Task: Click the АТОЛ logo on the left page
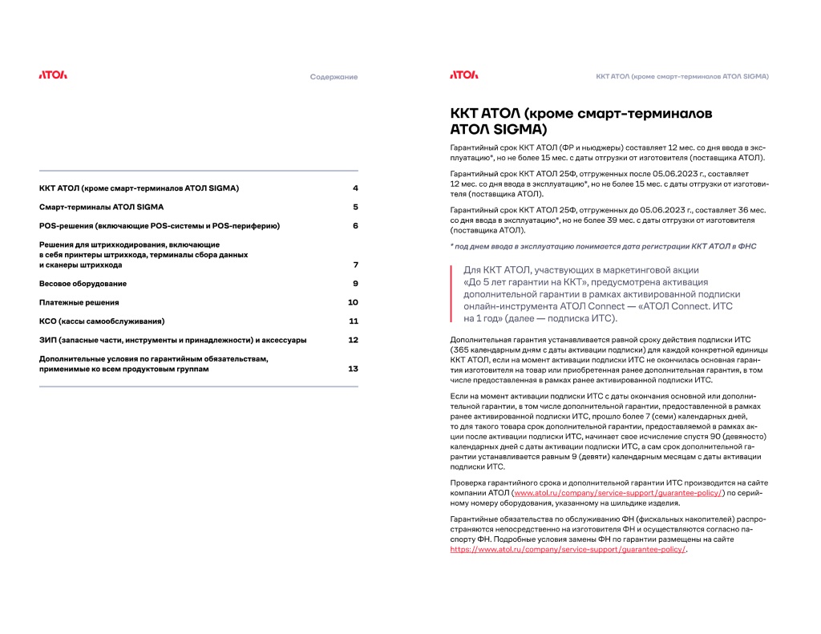(53, 75)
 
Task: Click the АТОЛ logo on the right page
(463, 75)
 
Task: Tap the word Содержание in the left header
(334, 77)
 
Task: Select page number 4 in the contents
(354, 188)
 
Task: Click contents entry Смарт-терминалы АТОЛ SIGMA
(101, 207)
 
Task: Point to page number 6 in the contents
(354, 226)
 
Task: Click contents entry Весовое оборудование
(83, 284)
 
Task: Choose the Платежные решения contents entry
(79, 303)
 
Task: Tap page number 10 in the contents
(353, 303)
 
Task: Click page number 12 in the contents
(353, 341)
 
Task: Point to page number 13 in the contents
(353, 369)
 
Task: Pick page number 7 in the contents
(354, 265)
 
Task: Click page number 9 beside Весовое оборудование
(354, 284)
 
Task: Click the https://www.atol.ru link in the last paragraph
(568, 550)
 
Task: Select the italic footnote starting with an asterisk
(603, 246)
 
